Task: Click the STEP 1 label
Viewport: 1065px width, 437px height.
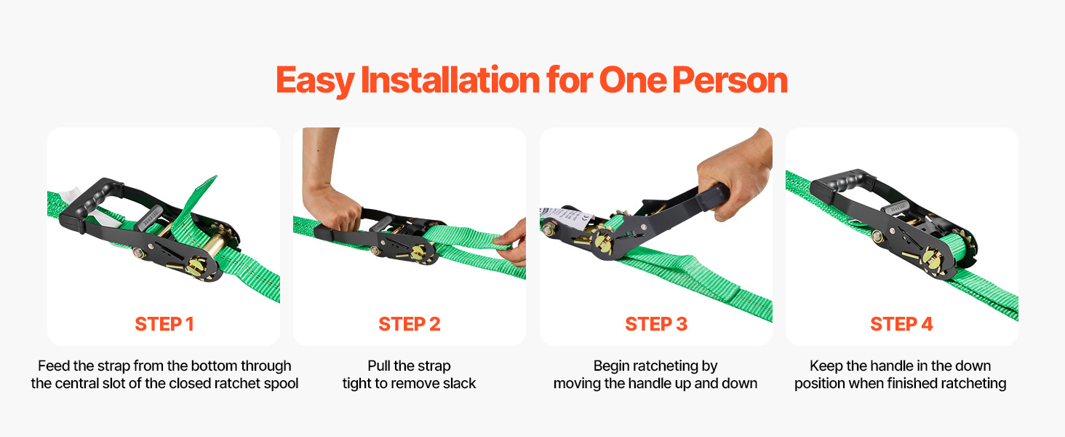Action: pos(164,324)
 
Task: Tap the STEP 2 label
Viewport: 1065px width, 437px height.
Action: pos(410,324)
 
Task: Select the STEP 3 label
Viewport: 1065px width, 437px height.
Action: pos(656,324)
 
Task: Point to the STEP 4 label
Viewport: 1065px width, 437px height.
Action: pos(901,324)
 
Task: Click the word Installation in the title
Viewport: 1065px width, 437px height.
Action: pos(450,79)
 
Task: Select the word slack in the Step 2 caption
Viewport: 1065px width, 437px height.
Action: pos(459,383)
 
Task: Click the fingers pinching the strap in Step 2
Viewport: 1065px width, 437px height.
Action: pos(511,243)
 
